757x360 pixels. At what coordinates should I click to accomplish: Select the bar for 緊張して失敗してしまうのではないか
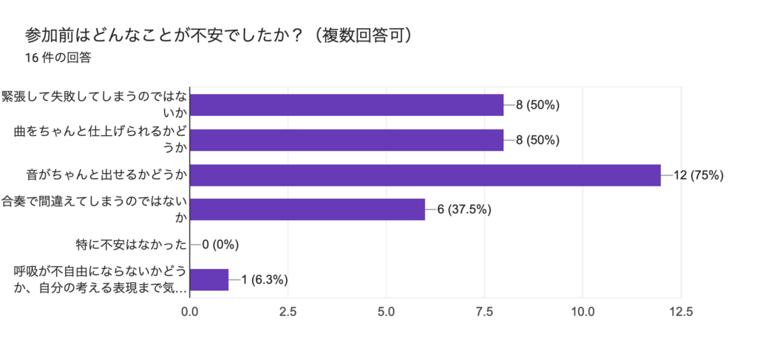coord(347,105)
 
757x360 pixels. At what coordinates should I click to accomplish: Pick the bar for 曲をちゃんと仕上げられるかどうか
coord(347,140)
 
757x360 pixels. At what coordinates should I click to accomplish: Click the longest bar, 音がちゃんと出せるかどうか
coord(425,175)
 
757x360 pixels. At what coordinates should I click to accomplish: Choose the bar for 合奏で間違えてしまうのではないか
coord(308,209)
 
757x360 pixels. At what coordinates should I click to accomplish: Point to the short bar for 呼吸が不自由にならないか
coord(209,279)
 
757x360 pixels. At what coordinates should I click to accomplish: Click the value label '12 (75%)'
coord(698,175)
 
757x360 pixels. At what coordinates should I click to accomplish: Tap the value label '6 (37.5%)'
coord(464,209)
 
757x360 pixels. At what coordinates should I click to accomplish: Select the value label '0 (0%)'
coord(220,244)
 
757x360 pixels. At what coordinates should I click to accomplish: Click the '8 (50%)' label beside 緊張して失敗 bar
coord(537,105)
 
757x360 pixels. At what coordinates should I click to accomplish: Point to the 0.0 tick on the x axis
coord(190,312)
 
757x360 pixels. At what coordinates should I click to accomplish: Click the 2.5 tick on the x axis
coord(288,312)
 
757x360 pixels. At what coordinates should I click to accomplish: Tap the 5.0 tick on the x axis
coord(386,312)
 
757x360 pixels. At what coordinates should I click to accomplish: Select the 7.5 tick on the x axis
coord(484,312)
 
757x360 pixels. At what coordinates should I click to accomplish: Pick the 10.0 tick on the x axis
coord(583,312)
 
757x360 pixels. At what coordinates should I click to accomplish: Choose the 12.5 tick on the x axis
coord(680,312)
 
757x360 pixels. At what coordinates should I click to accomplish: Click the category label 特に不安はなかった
coord(131,244)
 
